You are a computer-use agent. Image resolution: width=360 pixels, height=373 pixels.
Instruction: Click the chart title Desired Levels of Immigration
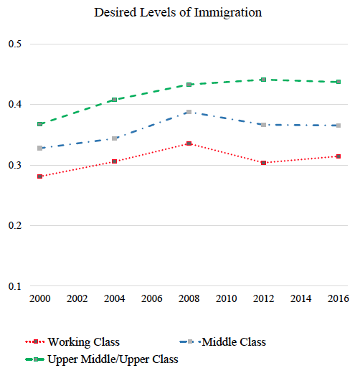pyautogui.click(x=178, y=13)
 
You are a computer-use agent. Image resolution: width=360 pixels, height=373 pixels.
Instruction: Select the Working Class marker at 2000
pyautogui.click(x=40, y=176)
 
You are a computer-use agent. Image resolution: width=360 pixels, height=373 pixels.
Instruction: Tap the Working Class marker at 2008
pyautogui.click(x=189, y=143)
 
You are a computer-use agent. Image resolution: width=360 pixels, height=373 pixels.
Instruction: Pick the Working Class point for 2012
pyautogui.click(x=264, y=163)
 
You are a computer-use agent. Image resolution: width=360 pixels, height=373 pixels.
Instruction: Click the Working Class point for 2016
pyautogui.click(x=338, y=156)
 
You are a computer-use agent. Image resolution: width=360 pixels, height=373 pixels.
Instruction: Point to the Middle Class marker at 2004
pyautogui.click(x=115, y=138)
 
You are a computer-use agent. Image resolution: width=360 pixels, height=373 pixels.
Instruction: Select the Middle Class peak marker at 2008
pyautogui.click(x=189, y=112)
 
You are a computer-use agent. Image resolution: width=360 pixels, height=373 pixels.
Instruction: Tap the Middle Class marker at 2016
pyautogui.click(x=338, y=126)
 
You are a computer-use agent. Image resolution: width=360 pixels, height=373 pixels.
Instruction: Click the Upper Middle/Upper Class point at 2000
pyautogui.click(x=40, y=124)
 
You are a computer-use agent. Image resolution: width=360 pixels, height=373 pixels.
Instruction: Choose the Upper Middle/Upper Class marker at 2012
pyautogui.click(x=264, y=80)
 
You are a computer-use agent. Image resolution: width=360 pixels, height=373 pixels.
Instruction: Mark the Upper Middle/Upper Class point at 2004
pyautogui.click(x=115, y=100)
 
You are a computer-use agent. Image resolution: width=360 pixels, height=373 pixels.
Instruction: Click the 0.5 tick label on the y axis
pyautogui.click(x=15, y=44)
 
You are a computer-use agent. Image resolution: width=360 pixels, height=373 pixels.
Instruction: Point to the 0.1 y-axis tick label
pyautogui.click(x=15, y=286)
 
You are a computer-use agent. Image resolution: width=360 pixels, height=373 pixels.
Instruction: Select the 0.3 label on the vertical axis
pyautogui.click(x=15, y=165)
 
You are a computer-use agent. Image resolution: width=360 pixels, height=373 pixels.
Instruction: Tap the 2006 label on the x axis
pyautogui.click(x=152, y=298)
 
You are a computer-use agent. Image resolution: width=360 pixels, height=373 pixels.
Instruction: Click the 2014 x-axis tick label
pyautogui.click(x=301, y=298)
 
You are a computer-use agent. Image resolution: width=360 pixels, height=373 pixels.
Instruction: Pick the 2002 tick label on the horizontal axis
pyautogui.click(x=77, y=298)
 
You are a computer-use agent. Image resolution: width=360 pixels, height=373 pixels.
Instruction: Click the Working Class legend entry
pyautogui.click(x=72, y=342)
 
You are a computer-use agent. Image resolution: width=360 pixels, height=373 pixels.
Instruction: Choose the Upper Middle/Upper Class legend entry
pyautogui.click(x=102, y=359)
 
